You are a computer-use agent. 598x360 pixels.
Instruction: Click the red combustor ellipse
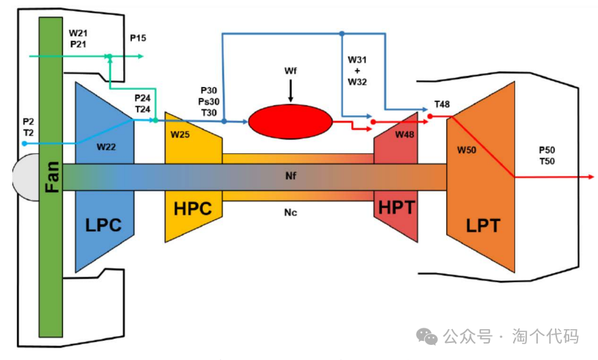click(290, 123)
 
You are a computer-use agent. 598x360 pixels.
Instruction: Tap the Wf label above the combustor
click(291, 70)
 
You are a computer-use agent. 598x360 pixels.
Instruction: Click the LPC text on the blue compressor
click(104, 224)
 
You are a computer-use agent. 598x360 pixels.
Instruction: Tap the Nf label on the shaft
click(291, 176)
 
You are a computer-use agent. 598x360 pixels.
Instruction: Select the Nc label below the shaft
click(291, 212)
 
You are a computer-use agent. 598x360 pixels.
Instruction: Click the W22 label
click(106, 146)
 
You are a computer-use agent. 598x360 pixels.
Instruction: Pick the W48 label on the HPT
click(404, 134)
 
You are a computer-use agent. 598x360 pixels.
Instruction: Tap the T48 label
click(442, 105)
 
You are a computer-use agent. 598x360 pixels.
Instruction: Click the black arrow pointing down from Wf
click(291, 91)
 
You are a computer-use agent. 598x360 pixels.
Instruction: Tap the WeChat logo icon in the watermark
click(428, 336)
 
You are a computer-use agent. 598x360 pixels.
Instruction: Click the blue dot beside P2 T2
click(25, 144)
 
